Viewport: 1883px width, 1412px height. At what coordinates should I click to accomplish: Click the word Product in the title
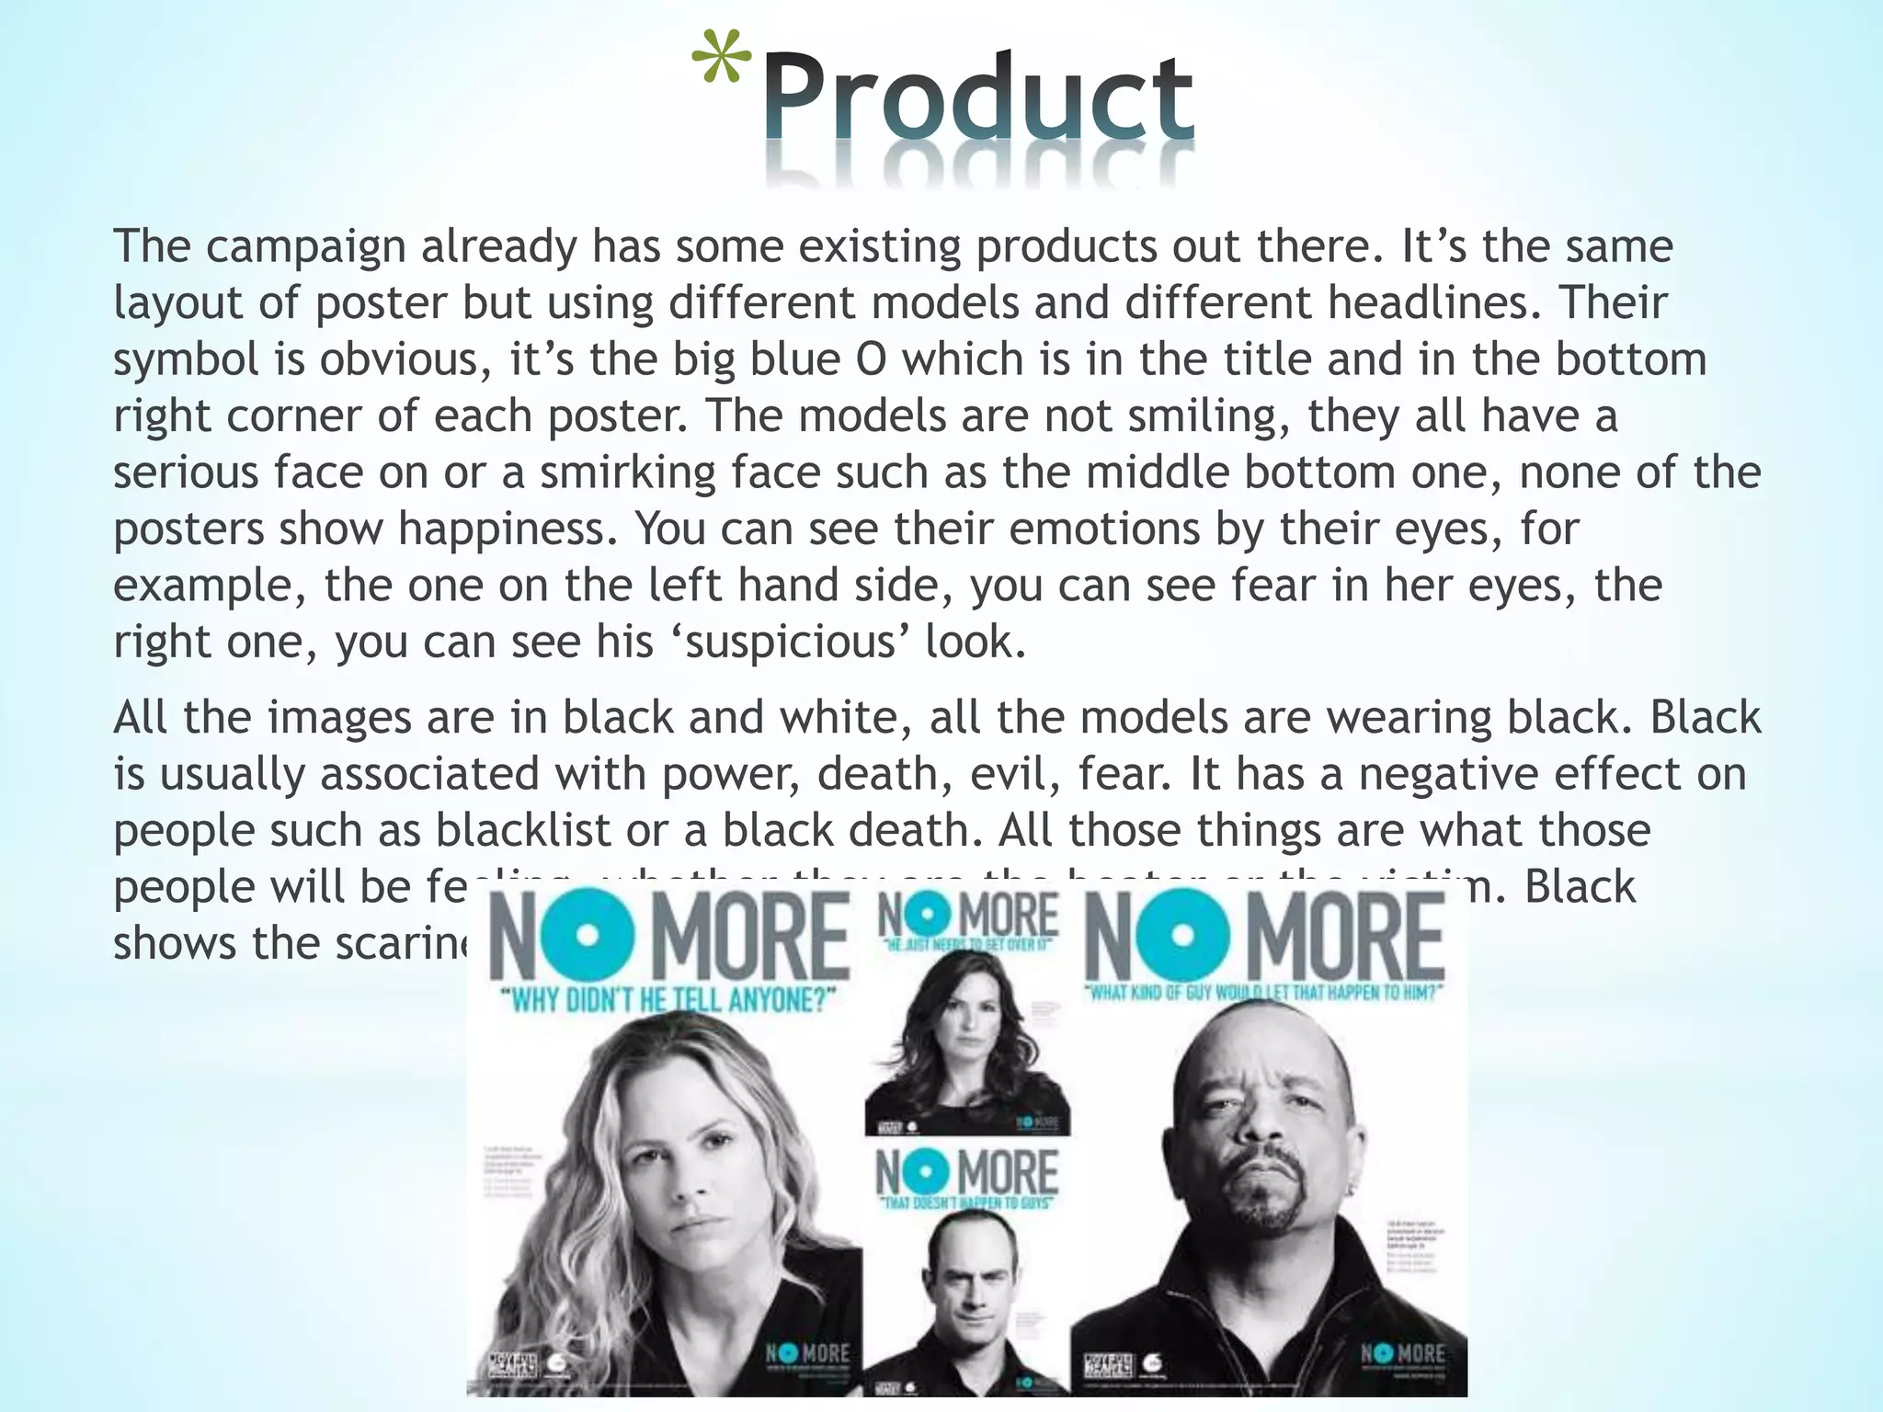(x=977, y=99)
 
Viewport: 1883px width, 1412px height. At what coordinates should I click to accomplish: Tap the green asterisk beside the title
(x=721, y=63)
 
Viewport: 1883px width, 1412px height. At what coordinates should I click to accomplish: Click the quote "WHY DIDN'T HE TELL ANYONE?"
(x=672, y=999)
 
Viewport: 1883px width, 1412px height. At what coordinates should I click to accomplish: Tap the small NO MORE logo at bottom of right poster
(x=1401, y=1354)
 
